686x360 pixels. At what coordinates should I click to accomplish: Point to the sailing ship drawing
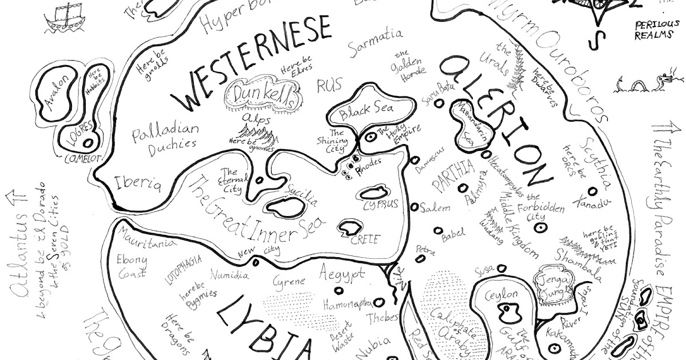[x=61, y=18]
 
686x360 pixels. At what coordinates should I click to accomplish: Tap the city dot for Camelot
[x=89, y=142]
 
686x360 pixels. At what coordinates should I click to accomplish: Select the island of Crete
[x=349, y=229]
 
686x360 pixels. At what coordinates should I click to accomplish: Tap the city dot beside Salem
[x=414, y=206]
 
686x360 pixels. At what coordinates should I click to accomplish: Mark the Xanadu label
[x=593, y=203]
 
